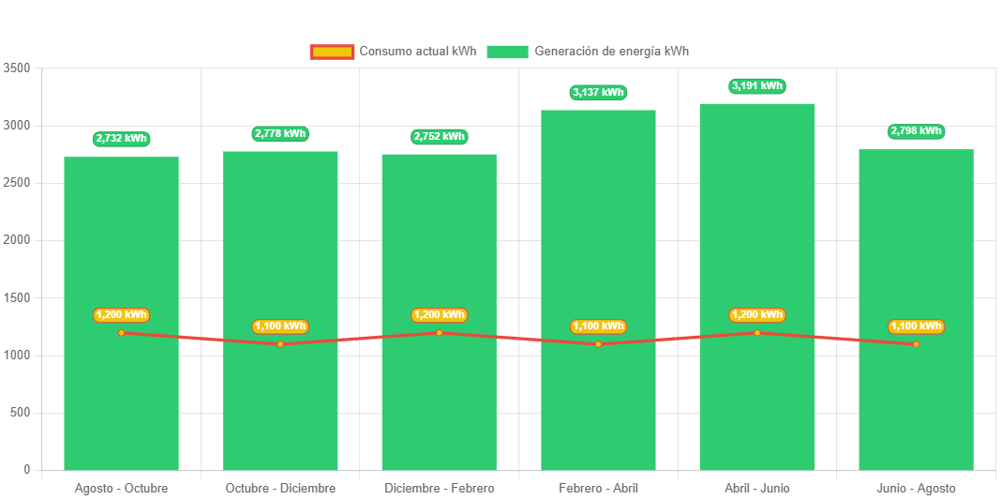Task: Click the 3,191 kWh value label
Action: [757, 86]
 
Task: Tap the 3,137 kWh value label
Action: [598, 92]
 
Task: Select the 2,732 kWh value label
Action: [121, 139]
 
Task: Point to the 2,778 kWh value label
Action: [280, 133]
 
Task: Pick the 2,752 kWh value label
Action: [439, 137]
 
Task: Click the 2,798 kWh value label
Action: [916, 131]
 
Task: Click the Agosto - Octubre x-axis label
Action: [121, 489]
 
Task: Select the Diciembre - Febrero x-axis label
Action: [439, 489]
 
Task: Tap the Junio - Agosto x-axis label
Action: [916, 489]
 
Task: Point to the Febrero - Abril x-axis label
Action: [598, 489]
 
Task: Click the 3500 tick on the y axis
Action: [17, 68]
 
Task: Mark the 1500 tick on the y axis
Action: [17, 298]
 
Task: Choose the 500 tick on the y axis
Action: [21, 413]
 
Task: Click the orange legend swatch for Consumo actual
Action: [332, 52]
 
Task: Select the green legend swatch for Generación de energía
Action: [507, 52]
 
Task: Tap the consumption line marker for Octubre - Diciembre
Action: [280, 344]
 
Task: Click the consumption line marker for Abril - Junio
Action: [757, 332]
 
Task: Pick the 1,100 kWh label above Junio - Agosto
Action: [916, 326]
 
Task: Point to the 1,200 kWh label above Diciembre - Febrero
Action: [439, 315]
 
